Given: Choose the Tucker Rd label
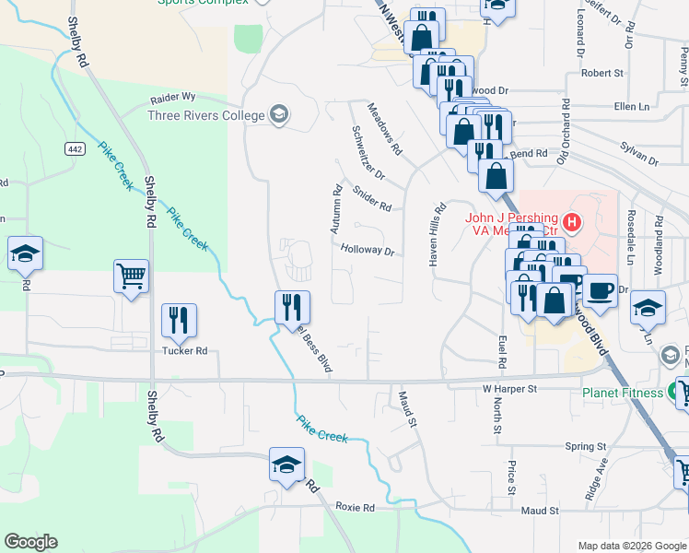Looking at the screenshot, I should click(x=186, y=351).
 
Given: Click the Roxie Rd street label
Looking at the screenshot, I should click(x=355, y=508).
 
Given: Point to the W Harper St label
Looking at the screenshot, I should click(x=509, y=390).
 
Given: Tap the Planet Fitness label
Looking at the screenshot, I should click(x=623, y=394).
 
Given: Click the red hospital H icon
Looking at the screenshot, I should click(x=572, y=221).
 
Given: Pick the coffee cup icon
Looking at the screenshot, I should click(x=600, y=289).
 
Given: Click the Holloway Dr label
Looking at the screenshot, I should click(x=368, y=250).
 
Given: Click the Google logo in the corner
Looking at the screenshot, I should click(x=30, y=542).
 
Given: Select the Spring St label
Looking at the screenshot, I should click(x=587, y=446).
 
